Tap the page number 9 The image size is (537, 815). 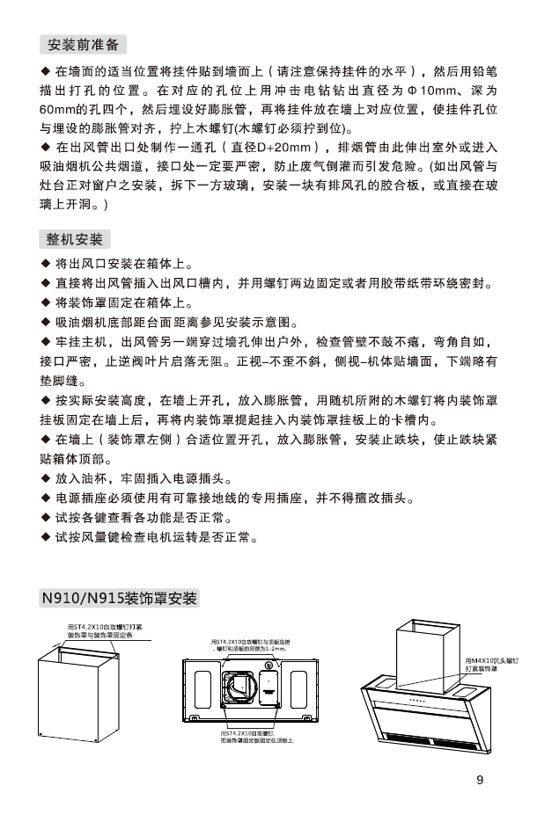point(480,779)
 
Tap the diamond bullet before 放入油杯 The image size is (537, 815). point(47,479)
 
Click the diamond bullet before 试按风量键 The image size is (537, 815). point(47,536)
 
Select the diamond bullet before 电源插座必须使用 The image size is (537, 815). point(47,498)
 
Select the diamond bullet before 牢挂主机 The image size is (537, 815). point(47,342)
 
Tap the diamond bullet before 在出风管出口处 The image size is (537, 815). point(47,147)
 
